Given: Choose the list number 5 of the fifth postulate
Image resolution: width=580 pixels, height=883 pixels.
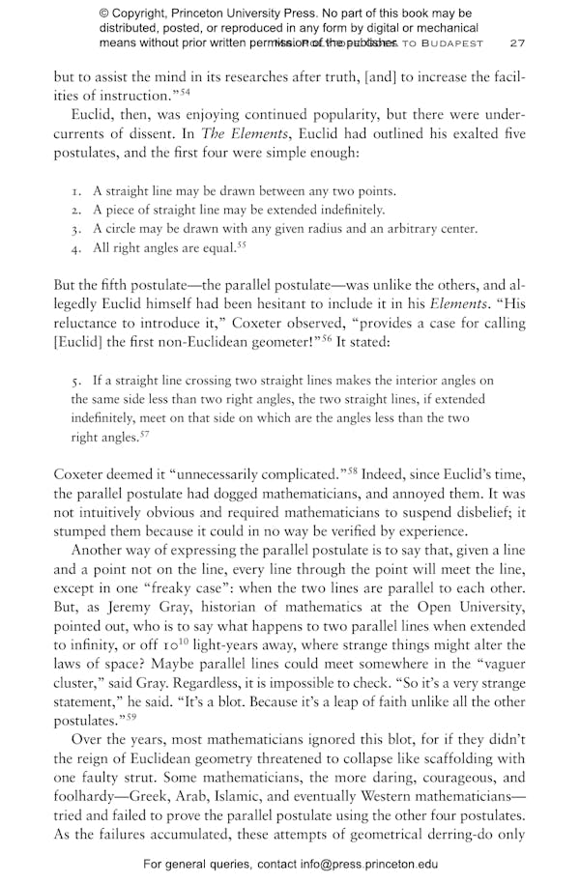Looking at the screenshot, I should click(75, 382).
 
